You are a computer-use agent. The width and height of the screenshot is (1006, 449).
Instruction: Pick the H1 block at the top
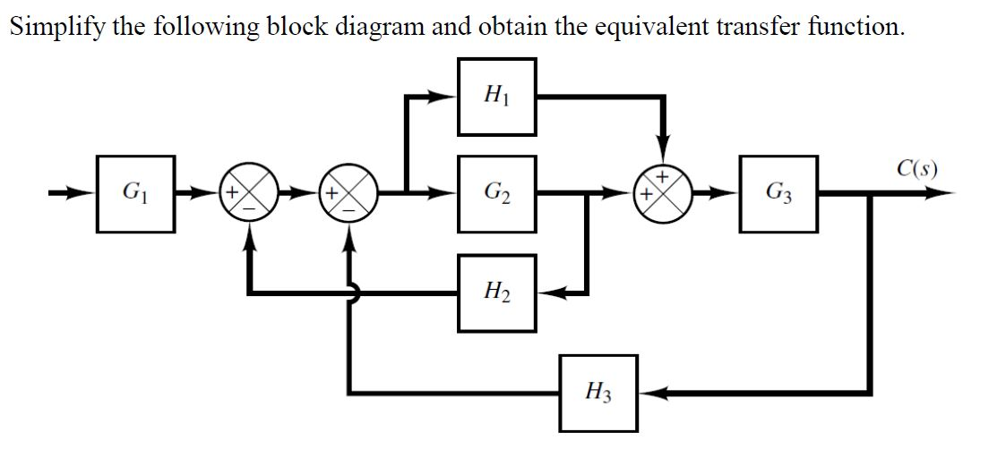(x=497, y=96)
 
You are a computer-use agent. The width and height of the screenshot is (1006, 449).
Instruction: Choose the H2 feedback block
(x=497, y=292)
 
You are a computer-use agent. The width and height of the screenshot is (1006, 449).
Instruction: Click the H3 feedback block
(x=598, y=391)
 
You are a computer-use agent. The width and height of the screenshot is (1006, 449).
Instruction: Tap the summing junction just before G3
(x=660, y=192)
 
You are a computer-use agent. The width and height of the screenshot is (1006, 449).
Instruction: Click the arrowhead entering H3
(x=652, y=392)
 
